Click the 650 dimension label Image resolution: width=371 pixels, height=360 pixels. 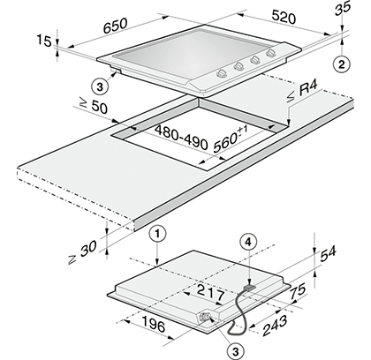click(x=115, y=26)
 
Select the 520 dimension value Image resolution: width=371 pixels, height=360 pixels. click(x=284, y=17)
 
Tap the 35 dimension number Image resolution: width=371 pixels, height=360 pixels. click(x=343, y=8)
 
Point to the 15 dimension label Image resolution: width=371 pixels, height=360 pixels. click(x=44, y=41)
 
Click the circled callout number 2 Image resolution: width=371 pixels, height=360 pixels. click(x=341, y=64)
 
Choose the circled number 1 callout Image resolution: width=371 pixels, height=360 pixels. click(x=158, y=234)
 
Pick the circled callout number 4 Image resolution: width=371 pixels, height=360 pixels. click(x=249, y=242)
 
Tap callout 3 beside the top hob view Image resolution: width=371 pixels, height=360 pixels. click(x=100, y=87)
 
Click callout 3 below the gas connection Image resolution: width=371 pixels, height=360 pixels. click(x=235, y=351)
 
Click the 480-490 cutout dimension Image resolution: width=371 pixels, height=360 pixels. click(x=182, y=138)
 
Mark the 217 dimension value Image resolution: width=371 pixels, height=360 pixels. click(x=211, y=293)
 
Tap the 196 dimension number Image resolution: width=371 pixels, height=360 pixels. click(x=154, y=324)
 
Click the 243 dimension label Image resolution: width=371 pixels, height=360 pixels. click(x=275, y=326)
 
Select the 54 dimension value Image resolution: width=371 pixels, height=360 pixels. click(x=328, y=254)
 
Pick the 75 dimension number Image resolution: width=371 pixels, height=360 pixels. click(x=298, y=291)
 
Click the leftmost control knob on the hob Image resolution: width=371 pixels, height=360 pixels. click(x=222, y=73)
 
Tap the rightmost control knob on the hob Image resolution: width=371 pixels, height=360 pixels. click(x=271, y=53)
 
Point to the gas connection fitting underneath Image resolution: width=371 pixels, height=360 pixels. click(x=204, y=317)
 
